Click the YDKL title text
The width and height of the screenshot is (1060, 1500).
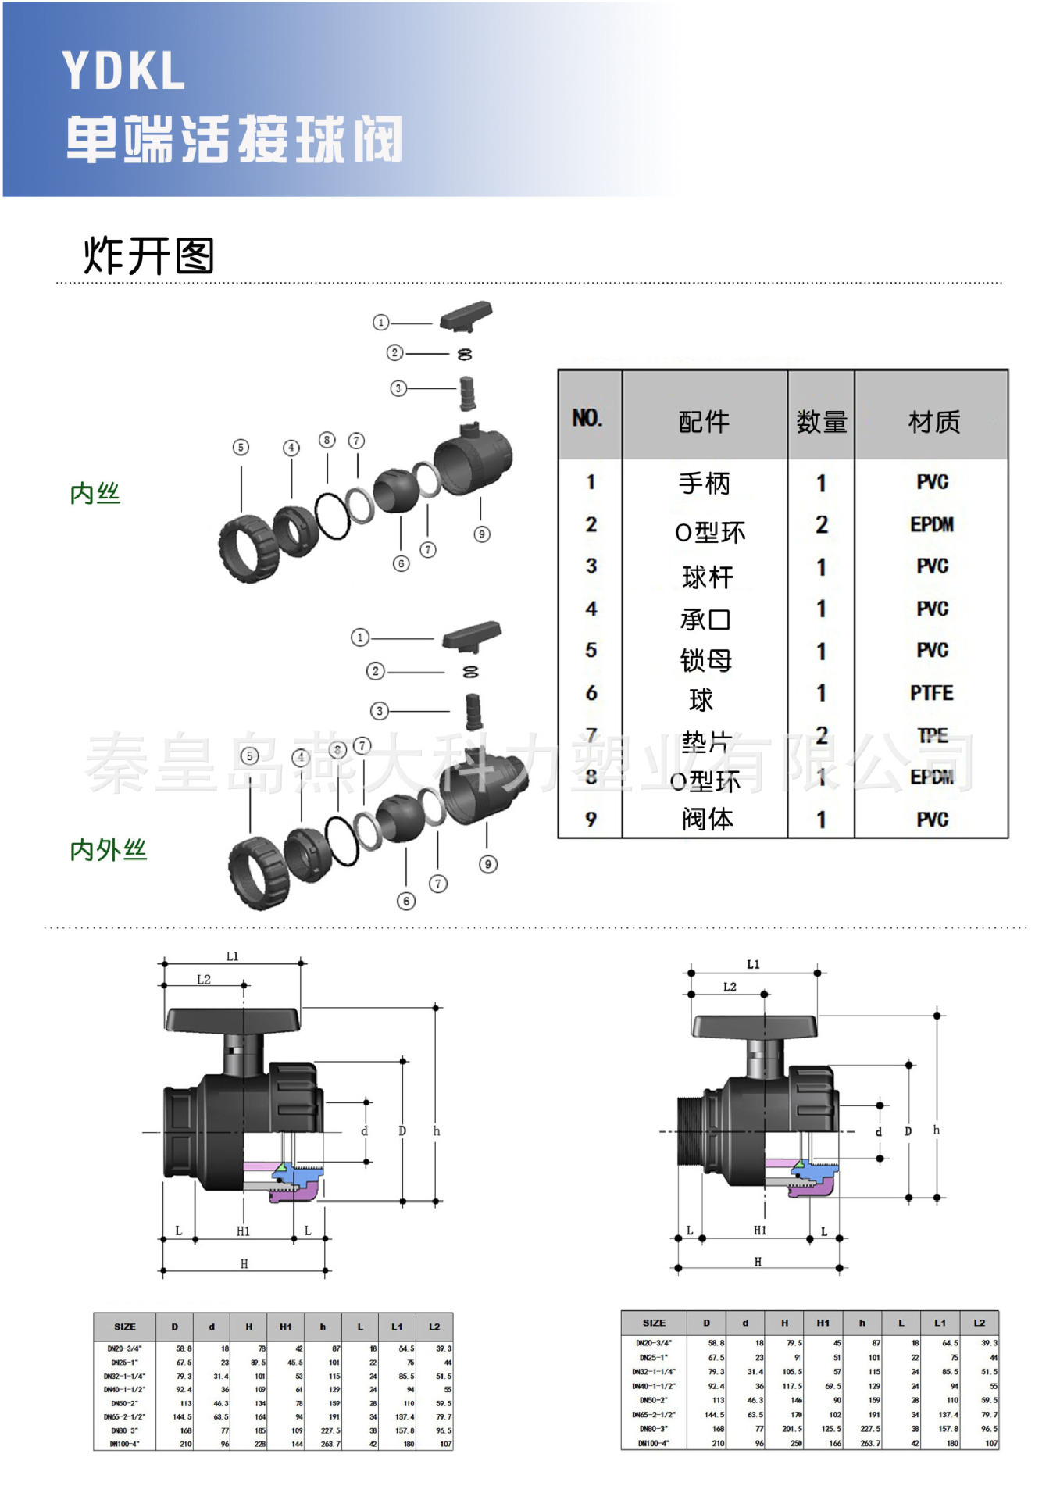point(123,72)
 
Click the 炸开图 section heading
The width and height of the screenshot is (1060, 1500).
point(148,255)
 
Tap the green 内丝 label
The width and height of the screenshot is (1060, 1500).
point(95,494)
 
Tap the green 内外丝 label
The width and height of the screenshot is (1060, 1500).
point(109,850)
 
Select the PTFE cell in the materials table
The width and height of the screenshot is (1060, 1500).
point(931,693)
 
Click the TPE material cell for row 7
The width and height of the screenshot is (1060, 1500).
point(932,735)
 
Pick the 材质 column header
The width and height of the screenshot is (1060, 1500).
point(933,422)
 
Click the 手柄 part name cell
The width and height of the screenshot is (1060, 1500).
point(704,484)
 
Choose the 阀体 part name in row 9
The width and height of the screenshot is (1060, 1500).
point(707,819)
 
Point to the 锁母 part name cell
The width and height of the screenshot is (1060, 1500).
point(705,661)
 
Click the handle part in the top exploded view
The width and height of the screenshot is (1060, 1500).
point(466,316)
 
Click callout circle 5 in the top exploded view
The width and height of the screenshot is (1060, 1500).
point(241,447)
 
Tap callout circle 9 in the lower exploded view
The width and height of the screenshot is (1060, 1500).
point(488,864)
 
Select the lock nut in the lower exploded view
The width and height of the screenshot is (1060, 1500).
point(259,873)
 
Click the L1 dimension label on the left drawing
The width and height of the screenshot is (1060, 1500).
point(232,956)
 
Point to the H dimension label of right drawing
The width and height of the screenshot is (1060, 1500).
point(758,1262)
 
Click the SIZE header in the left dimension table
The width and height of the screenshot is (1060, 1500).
point(125,1327)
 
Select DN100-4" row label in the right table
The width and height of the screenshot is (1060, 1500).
point(654,1443)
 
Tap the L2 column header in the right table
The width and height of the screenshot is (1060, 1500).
point(979,1323)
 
